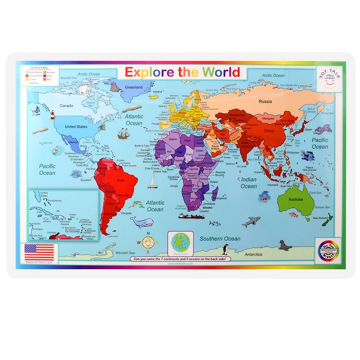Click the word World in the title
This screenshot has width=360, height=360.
coord(221,72)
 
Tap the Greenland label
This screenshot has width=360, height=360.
coord(134,87)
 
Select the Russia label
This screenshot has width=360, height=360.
coord(265,101)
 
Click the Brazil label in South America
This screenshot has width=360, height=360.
coord(121,180)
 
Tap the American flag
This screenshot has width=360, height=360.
coord(39,252)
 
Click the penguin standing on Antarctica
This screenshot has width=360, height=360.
coord(226,249)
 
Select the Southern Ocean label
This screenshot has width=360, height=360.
coord(220,238)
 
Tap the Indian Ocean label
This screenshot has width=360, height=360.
coord(249,183)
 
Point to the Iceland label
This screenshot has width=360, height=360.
coord(157,92)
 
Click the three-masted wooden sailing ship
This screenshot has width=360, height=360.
coord(124,134)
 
